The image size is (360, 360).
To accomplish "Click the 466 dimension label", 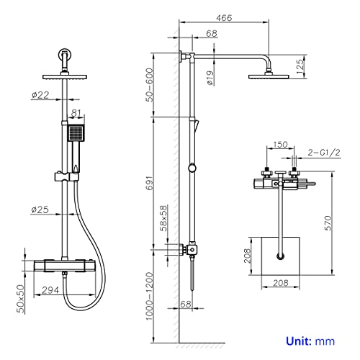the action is pyautogui.click(x=224, y=18).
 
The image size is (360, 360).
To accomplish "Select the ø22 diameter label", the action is pyautogui.click(x=40, y=95).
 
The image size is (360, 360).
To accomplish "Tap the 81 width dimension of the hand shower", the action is pyautogui.click(x=76, y=113).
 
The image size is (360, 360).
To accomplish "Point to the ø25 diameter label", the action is pyautogui.click(x=40, y=210).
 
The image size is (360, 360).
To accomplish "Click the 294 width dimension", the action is pyautogui.click(x=50, y=290).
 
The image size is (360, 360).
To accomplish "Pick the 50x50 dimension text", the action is pyautogui.click(x=22, y=299).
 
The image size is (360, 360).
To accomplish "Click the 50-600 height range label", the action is pyautogui.click(x=149, y=85).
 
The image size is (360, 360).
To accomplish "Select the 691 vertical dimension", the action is pyautogui.click(x=149, y=183).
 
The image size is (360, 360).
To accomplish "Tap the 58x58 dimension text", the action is pyautogui.click(x=163, y=218).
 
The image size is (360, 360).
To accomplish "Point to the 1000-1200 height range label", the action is pyautogui.click(x=149, y=296).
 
